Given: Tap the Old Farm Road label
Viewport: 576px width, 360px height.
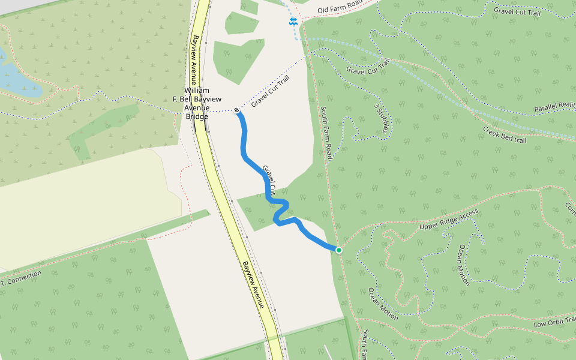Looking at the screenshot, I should (340, 9).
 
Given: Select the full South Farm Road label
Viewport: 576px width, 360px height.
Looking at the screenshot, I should (326, 133).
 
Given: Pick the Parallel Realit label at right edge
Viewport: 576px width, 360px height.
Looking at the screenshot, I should (554, 107).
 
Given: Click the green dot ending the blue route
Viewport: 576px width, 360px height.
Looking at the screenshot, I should (339, 250).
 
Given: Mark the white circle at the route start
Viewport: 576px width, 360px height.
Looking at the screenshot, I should (237, 110).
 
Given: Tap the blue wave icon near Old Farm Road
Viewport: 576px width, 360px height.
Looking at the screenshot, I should (293, 22).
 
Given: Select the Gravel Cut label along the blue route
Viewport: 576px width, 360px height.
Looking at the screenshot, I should (268, 179).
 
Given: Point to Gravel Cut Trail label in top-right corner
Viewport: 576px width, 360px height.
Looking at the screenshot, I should (521, 11).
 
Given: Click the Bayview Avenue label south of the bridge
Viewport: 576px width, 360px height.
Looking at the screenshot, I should (253, 284).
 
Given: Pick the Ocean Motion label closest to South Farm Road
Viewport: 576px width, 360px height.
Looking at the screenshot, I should (383, 304).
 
